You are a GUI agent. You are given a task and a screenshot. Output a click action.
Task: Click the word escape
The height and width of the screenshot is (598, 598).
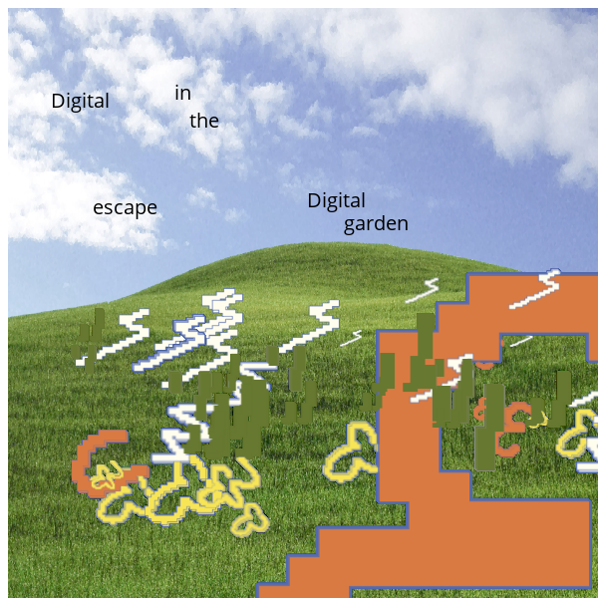coord(126,208)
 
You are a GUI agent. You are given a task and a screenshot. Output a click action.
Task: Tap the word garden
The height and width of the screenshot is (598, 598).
coord(376,224)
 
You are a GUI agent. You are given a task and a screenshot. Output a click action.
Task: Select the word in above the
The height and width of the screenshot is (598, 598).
coord(183,94)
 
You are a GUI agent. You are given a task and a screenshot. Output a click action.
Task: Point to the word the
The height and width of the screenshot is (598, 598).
coord(204,121)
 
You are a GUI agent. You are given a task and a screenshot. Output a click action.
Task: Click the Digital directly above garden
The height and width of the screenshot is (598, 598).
coord(337,201)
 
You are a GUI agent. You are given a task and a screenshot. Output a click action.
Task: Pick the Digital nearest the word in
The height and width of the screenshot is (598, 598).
coord(81,102)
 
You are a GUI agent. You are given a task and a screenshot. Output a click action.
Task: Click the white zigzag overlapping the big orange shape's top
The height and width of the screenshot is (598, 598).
coord(535,289)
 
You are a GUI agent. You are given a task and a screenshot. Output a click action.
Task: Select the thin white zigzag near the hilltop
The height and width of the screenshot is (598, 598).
coord(422,291)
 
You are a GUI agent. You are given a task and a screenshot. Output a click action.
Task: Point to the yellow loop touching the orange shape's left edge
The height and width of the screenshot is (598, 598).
coord(350,452)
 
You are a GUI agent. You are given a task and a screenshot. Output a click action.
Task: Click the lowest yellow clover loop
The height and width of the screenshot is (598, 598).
coord(250,520)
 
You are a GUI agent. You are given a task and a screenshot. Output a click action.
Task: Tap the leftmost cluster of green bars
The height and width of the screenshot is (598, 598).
coord(88,340)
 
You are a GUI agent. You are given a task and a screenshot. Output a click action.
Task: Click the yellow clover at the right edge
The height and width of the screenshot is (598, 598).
coord(577,434)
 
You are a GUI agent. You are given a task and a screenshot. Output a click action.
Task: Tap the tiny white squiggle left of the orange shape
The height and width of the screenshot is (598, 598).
coord(351,338)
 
